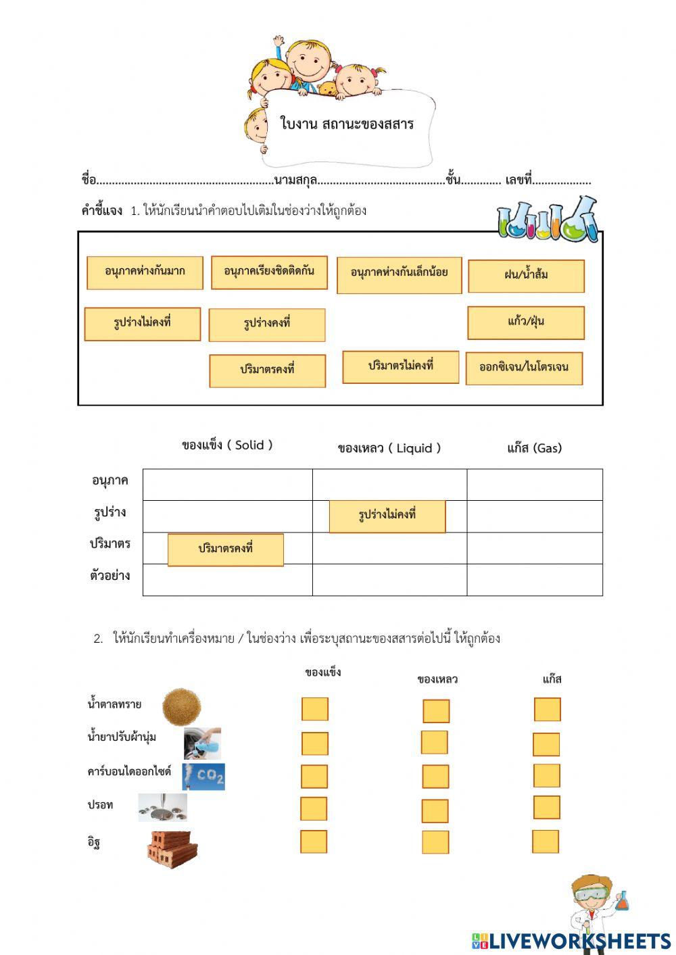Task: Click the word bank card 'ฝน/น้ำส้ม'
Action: [x=526, y=276]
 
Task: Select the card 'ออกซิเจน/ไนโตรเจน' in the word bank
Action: [x=524, y=368]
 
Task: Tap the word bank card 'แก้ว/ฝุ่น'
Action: [x=526, y=322]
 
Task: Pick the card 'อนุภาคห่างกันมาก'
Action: [x=145, y=272]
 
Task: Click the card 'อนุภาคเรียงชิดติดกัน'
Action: [x=269, y=272]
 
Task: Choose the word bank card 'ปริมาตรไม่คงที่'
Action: [x=401, y=367]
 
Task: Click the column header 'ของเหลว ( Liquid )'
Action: [x=389, y=448]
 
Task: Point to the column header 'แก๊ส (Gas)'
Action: [x=534, y=448]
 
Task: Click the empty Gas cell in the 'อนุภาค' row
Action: [x=534, y=485]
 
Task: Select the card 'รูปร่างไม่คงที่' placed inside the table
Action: [x=387, y=516]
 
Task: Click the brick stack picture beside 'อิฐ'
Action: [x=172, y=848]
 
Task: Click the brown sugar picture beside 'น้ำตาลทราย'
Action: [x=181, y=707]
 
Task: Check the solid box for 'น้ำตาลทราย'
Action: [x=314, y=710]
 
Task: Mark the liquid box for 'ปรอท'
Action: [x=435, y=811]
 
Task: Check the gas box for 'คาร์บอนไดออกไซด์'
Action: [x=546, y=776]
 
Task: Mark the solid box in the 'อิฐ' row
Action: [x=314, y=842]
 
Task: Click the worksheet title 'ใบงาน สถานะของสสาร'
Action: [x=347, y=124]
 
